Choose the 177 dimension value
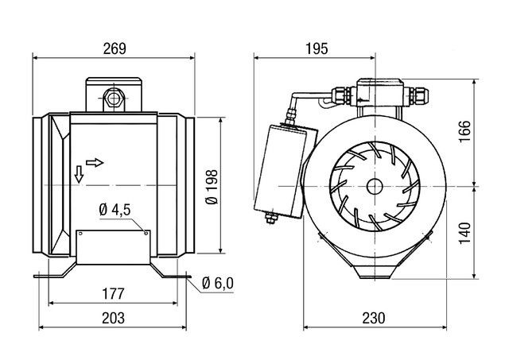(x=114, y=295)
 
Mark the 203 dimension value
(x=114, y=318)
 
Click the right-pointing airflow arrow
(x=95, y=162)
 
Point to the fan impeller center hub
(x=372, y=185)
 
